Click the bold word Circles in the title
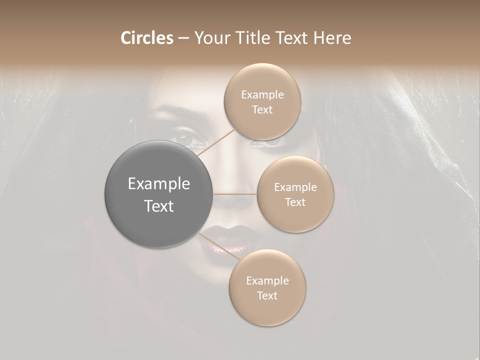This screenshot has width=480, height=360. (146, 38)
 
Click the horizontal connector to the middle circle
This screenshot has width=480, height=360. (235, 194)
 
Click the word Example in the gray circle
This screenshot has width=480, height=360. (159, 184)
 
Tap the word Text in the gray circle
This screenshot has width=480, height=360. (159, 206)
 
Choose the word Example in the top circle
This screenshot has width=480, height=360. (262, 95)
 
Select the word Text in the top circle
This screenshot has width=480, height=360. (262, 109)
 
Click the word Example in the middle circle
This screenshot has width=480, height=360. (295, 187)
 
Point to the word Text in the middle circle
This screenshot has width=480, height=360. (295, 202)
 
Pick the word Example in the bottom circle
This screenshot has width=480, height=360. (267, 281)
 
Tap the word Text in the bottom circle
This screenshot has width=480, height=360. (267, 295)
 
